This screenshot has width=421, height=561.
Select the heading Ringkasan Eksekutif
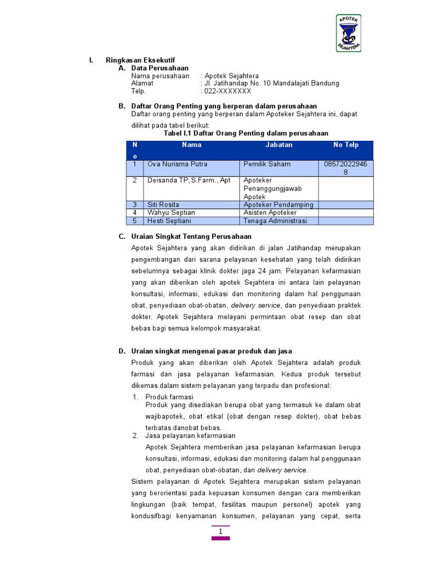(140, 60)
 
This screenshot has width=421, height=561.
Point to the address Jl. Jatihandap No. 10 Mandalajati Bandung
(271, 83)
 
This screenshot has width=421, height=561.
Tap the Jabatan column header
(279, 145)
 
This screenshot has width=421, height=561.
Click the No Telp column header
(346, 145)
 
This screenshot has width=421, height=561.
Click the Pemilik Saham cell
(267, 164)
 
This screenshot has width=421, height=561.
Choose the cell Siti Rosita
(163, 205)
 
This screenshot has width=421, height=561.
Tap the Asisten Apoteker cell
(270, 213)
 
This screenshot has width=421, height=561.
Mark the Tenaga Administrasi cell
(275, 221)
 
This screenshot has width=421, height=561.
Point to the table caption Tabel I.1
(246, 133)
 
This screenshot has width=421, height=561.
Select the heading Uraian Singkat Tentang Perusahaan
(191, 236)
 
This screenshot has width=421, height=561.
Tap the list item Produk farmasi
(169, 397)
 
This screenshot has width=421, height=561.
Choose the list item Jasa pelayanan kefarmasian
(190, 436)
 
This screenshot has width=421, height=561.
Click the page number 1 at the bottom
(220, 532)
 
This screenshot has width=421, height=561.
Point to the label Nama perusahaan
(160, 76)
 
